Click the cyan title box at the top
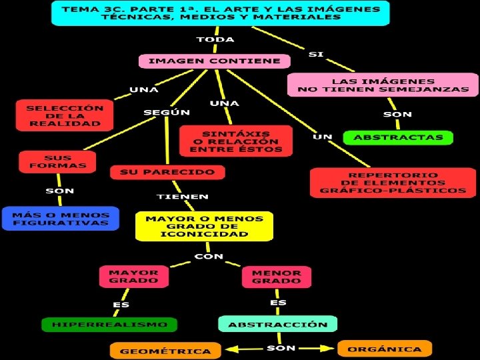(x=221, y=13)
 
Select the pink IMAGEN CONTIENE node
(x=214, y=61)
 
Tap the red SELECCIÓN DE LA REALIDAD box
(x=65, y=115)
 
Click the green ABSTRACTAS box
(x=398, y=138)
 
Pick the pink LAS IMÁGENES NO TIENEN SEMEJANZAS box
(x=383, y=85)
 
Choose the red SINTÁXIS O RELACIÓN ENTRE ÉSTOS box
(x=235, y=141)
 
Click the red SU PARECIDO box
(x=167, y=172)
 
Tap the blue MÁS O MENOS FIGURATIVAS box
(x=60, y=219)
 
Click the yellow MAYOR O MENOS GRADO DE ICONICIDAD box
(x=204, y=226)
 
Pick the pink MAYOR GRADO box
(x=133, y=276)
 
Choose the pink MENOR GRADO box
(x=276, y=276)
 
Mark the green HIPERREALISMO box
(x=109, y=325)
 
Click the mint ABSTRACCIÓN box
(x=277, y=325)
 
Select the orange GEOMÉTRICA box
(x=165, y=350)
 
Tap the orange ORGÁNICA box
(x=385, y=349)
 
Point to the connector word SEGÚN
(x=167, y=113)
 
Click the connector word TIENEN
(x=182, y=197)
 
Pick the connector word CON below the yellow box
(x=208, y=256)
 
